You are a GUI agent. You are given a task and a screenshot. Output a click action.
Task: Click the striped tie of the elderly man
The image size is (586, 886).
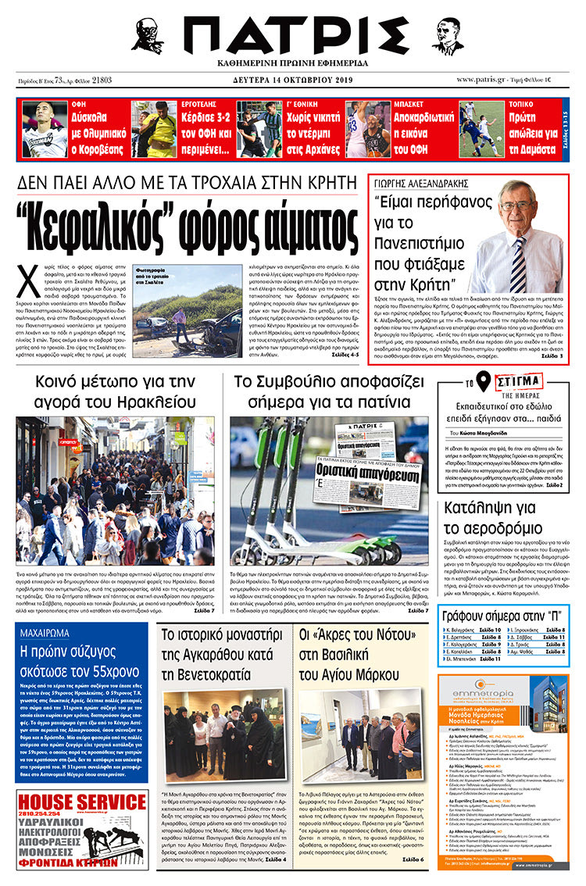tap(518, 263)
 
